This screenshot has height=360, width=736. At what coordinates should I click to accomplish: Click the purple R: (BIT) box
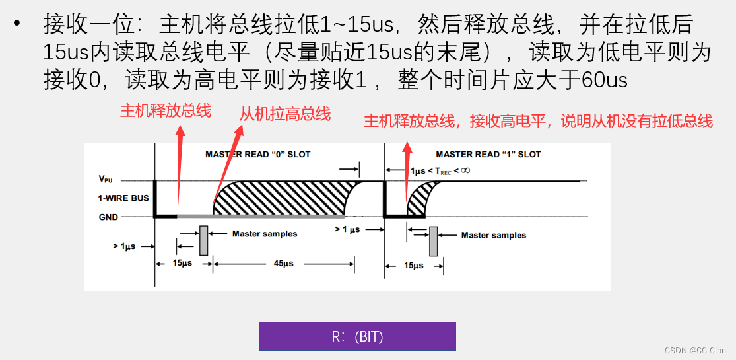pos(357,336)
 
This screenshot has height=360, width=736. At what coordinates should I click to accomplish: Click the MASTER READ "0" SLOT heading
pos(257,155)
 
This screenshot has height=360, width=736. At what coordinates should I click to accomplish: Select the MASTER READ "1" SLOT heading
pos(488,155)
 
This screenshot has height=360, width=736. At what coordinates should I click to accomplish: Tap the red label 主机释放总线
pos(165,110)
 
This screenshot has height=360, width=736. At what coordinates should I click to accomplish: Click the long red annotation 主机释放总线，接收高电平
pos(538,121)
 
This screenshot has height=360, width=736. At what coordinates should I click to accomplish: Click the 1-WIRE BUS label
pos(123,198)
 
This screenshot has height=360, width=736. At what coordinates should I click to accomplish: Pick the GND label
pos(108,217)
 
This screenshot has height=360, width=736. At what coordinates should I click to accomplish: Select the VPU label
pos(105,179)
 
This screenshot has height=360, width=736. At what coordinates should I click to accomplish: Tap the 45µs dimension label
pos(283,264)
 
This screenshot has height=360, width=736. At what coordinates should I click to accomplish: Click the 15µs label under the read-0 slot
pos(182,264)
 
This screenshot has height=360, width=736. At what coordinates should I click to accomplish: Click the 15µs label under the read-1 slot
pos(413,266)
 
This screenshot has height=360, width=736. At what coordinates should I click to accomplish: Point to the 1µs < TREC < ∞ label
pos(440,170)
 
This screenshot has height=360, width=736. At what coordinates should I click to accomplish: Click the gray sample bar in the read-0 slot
pos(203,240)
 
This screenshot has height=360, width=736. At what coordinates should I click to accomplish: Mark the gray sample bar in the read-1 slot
pos(433,241)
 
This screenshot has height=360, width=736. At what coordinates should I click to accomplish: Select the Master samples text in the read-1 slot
pos(493,235)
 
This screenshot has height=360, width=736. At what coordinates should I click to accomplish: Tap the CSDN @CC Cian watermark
pos(694,351)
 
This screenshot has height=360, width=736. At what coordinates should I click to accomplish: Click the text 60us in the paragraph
pos(605,80)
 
